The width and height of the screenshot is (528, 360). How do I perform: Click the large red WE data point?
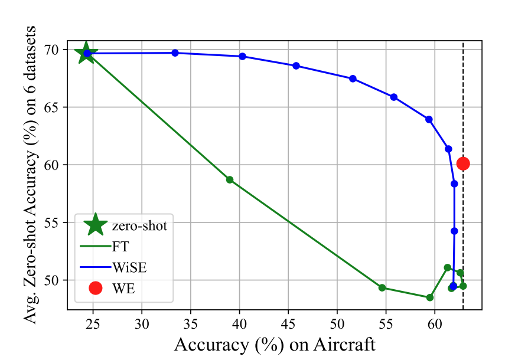pos(463,163)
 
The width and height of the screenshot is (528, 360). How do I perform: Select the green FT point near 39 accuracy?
pos(230,179)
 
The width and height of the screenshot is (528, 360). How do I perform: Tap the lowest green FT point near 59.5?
pos(430,297)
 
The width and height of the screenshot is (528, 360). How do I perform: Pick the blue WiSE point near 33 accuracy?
pos(175,53)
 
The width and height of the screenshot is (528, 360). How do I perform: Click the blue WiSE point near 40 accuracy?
pos(242,56)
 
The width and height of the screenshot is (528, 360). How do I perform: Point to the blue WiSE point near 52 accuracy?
pos(353,78)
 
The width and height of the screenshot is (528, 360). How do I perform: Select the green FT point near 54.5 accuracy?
pos(382,288)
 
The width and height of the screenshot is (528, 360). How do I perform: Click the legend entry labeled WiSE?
pos(129,267)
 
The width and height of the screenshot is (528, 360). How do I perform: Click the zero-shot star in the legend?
pos(94,225)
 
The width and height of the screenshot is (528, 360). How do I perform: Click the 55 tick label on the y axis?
pos(52,222)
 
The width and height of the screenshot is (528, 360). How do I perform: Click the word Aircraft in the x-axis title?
pos(344,343)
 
